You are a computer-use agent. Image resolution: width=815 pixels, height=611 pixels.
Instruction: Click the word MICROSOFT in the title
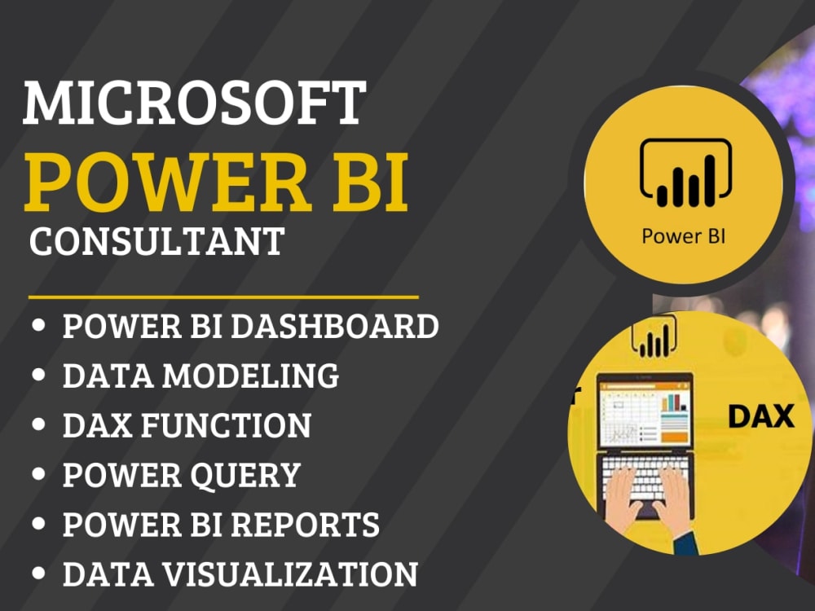point(194,103)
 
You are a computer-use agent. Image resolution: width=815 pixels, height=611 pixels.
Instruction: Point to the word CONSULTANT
point(156,241)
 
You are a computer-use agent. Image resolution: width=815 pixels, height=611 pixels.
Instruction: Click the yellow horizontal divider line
point(223,297)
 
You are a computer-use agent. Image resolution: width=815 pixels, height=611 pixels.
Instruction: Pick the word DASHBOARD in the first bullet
point(335,327)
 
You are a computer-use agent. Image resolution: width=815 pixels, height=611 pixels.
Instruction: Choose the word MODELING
point(251,376)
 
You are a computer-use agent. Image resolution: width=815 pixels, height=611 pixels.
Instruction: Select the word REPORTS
point(306,525)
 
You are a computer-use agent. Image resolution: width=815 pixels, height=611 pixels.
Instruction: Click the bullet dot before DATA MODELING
point(39,376)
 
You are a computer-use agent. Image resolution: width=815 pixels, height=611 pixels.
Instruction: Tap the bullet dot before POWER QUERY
point(39,475)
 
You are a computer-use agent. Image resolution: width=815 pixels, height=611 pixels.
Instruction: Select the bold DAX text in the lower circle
point(760,416)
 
